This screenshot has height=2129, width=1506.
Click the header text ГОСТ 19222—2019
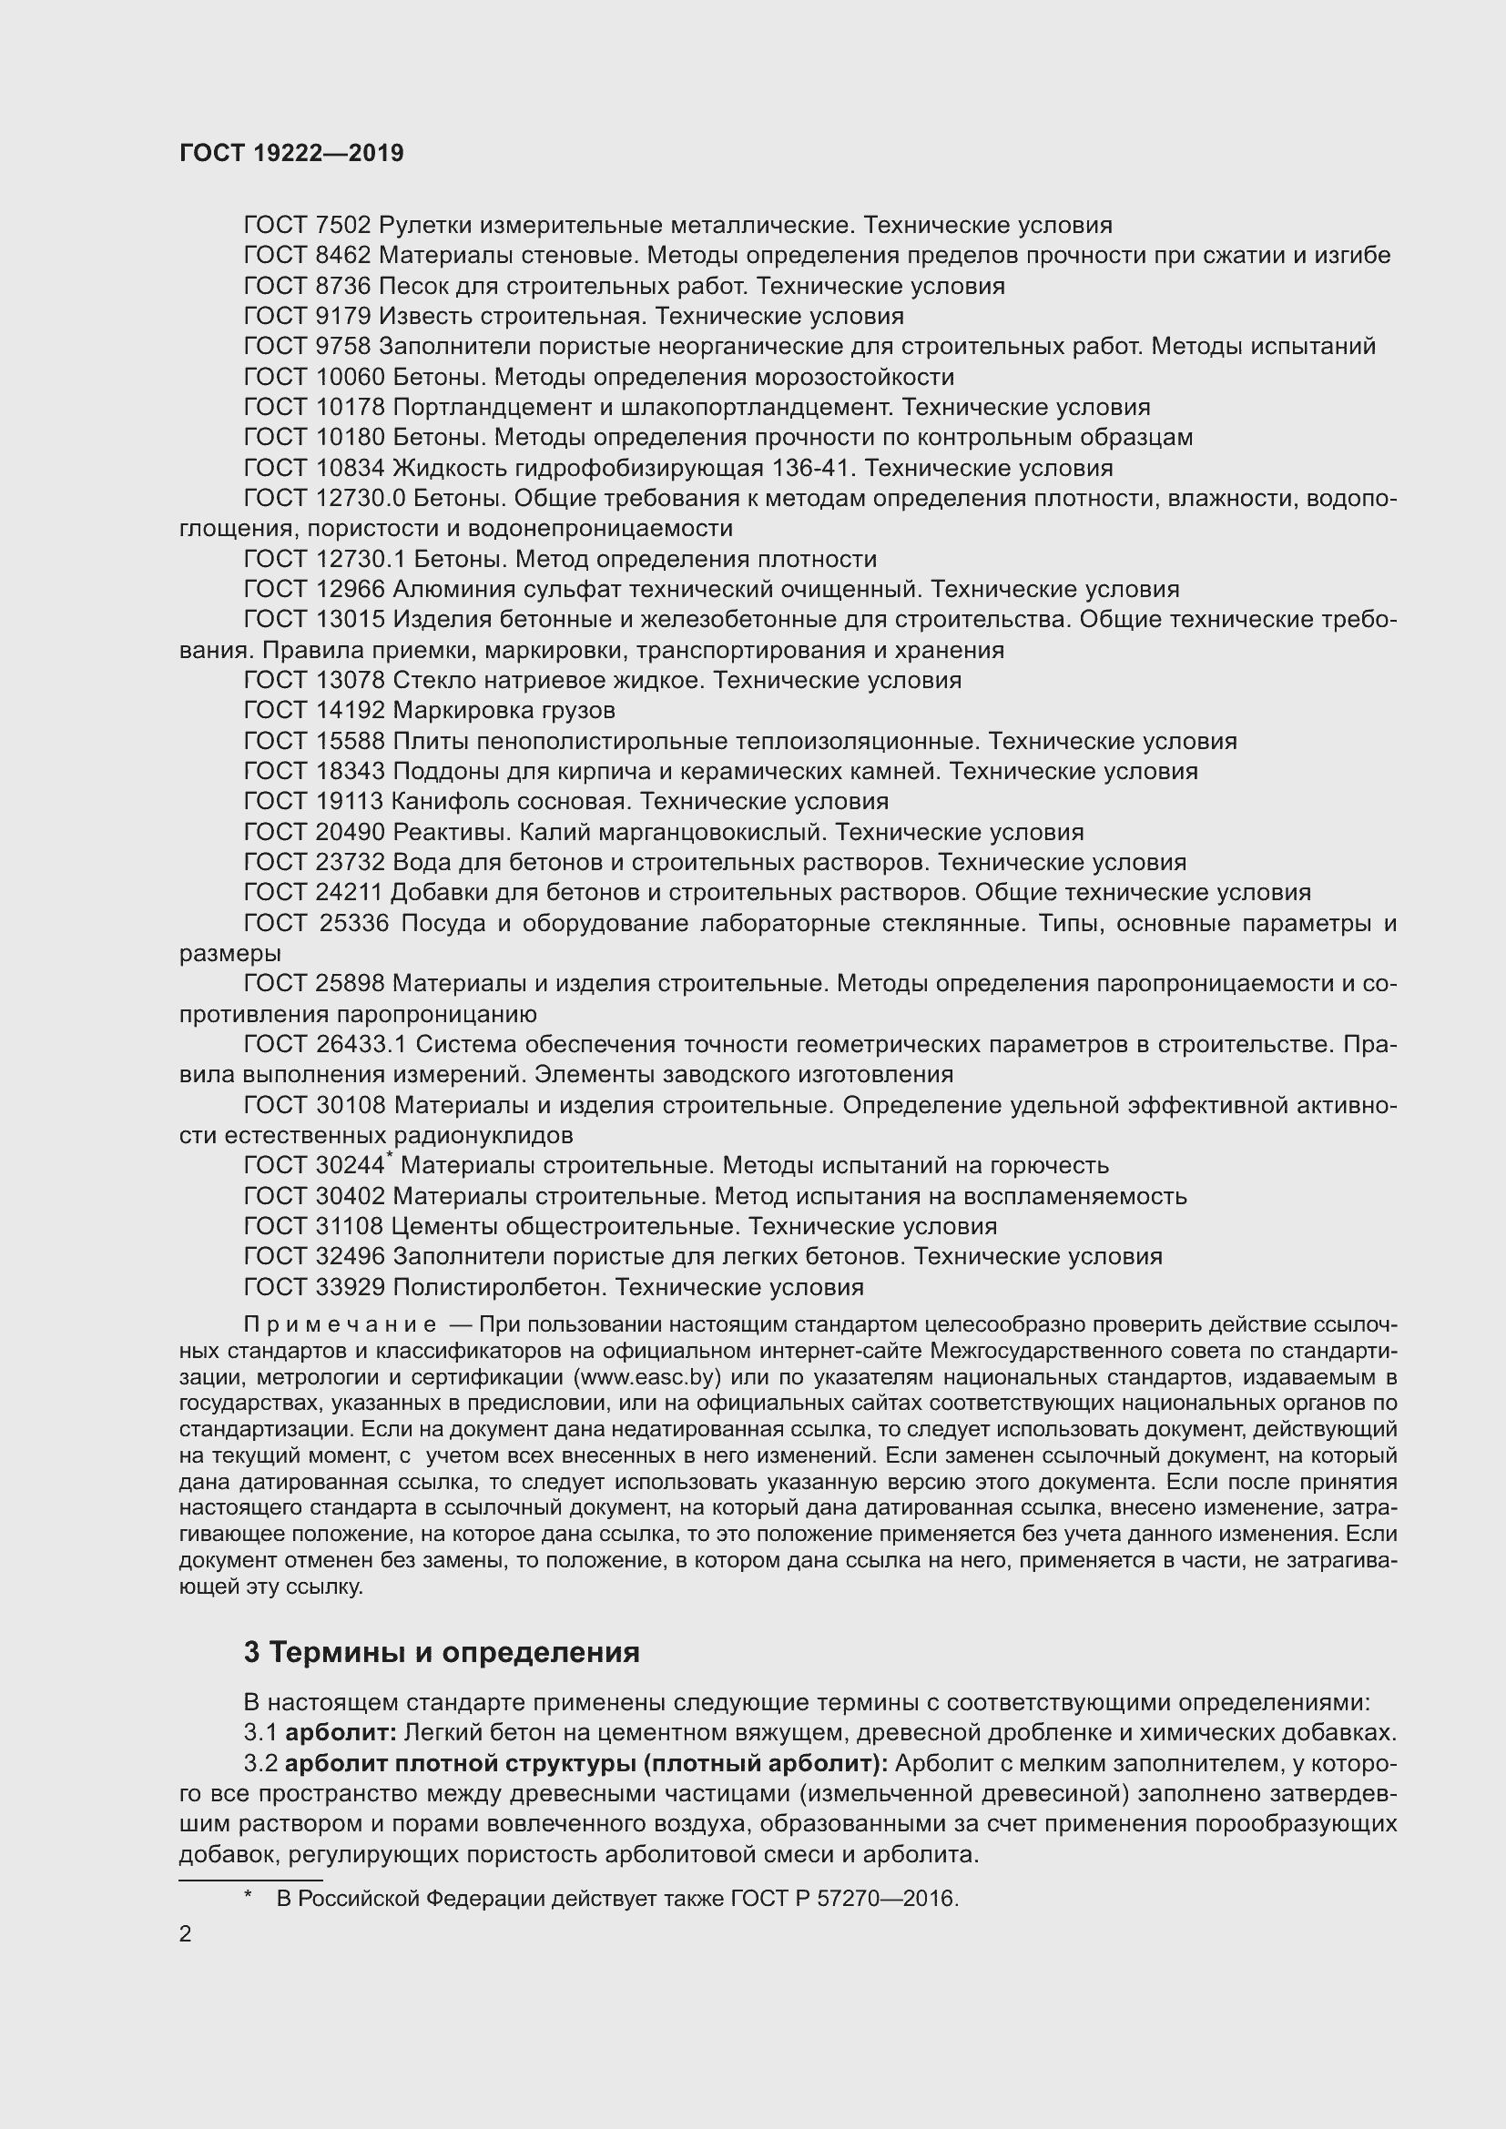(x=291, y=153)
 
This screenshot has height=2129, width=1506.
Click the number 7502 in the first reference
(x=342, y=226)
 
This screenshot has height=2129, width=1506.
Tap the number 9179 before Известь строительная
(x=342, y=316)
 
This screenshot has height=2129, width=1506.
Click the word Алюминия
(x=448, y=590)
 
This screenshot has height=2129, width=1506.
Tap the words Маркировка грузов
(x=504, y=710)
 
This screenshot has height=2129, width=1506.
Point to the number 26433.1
(x=360, y=1045)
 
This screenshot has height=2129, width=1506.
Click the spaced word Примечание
(x=340, y=1325)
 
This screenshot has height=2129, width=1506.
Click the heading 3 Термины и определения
(x=442, y=1652)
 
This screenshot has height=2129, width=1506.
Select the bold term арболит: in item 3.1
(x=341, y=1732)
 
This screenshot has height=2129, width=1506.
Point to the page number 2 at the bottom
(x=186, y=1934)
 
